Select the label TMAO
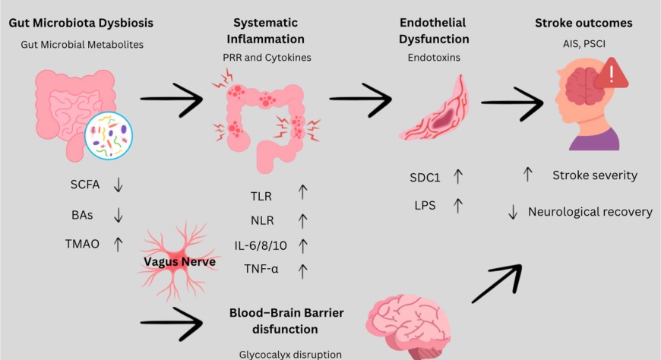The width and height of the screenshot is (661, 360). (84, 244)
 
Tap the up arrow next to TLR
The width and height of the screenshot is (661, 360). (303, 193)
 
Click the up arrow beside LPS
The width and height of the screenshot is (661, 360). (458, 204)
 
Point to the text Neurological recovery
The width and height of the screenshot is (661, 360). (590, 212)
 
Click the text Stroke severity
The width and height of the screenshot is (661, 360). (594, 175)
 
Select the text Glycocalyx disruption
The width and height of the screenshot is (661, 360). (287, 354)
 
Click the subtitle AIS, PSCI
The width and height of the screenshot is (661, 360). (583, 44)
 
